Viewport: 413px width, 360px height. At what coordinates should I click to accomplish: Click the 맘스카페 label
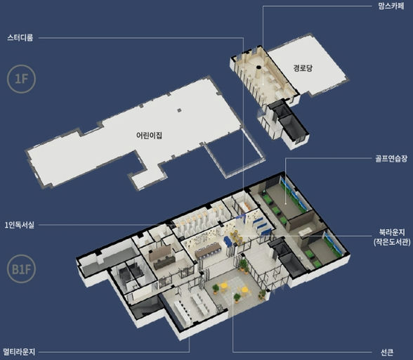click(x=391, y=6)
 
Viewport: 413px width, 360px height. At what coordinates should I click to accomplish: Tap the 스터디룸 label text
click(x=20, y=38)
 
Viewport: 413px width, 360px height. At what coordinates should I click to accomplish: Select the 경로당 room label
click(x=303, y=68)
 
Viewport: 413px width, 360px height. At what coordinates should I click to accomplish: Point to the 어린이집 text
click(x=149, y=135)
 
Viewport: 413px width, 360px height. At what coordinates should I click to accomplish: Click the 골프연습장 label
click(x=391, y=158)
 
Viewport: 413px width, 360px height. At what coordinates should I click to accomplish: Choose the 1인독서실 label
click(x=20, y=225)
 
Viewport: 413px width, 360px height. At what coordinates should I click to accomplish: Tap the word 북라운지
click(x=392, y=232)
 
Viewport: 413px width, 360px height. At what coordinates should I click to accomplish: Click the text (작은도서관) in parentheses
click(x=392, y=242)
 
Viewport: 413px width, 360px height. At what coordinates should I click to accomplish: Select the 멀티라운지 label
click(x=19, y=352)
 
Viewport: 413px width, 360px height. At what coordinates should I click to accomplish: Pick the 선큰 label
click(x=387, y=352)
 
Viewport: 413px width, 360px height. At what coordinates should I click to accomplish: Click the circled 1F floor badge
click(x=21, y=79)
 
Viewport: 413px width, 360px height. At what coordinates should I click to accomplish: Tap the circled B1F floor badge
click(x=21, y=269)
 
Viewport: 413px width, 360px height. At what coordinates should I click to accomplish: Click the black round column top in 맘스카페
click(x=258, y=67)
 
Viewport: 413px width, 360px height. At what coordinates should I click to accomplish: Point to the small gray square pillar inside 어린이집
click(x=179, y=110)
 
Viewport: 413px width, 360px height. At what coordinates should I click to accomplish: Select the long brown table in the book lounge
click(x=208, y=250)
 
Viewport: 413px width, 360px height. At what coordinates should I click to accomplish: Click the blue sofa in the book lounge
click(x=227, y=242)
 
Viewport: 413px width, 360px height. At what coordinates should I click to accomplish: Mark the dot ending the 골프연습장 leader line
click(x=286, y=204)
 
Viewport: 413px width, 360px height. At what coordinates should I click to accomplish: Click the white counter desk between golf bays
click(x=305, y=231)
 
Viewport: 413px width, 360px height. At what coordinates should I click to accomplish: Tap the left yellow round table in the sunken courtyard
click(x=224, y=285)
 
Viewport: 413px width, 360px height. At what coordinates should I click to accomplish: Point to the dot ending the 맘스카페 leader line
click(x=263, y=84)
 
